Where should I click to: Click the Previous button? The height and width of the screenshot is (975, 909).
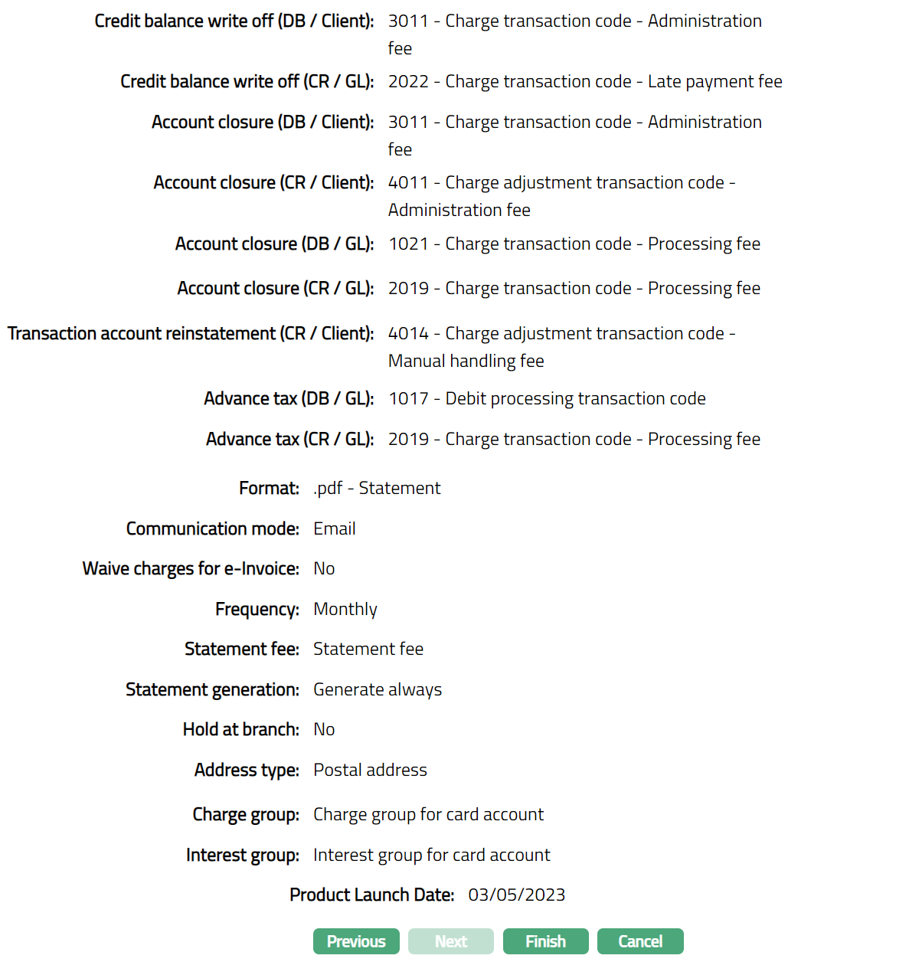[x=356, y=941]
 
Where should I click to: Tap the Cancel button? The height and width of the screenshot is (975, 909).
[x=640, y=941]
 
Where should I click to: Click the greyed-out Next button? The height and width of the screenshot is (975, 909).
[x=451, y=941]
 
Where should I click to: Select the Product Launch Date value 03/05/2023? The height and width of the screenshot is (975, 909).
[x=516, y=895]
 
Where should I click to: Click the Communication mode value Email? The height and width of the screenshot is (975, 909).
[x=335, y=528]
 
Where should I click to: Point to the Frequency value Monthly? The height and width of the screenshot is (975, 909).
[x=345, y=609]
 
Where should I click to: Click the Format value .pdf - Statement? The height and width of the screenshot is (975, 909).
[x=377, y=488]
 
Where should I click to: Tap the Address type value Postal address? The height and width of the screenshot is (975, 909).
[x=370, y=770]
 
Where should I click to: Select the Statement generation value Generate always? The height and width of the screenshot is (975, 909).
[x=378, y=689]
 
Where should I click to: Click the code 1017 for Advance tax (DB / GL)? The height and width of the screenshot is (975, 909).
[x=408, y=398]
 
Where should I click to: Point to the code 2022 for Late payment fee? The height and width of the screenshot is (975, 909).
[x=408, y=81]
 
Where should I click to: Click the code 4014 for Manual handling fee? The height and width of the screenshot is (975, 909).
[x=408, y=333]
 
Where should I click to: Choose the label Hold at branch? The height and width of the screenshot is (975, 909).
[x=240, y=729]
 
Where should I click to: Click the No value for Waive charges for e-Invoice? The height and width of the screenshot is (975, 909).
[x=324, y=568]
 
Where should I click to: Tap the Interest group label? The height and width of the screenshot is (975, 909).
[x=242, y=855]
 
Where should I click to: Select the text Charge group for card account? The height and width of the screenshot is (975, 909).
[x=428, y=814]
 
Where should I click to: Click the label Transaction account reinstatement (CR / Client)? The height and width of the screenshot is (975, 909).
[x=191, y=333]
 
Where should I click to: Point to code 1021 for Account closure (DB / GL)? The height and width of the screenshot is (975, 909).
[x=408, y=244]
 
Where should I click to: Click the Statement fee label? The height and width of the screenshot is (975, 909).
[x=241, y=649]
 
